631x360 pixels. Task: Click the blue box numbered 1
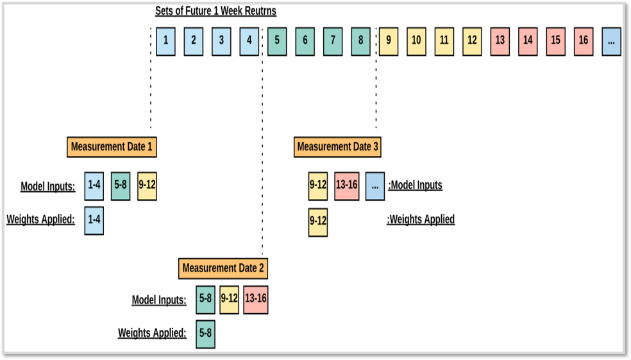point(165,42)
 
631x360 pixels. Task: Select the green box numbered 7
point(333,42)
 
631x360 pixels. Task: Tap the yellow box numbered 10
point(416,42)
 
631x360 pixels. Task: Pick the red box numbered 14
point(528,42)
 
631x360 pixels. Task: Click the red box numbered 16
point(584,42)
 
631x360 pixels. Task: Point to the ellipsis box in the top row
point(611,42)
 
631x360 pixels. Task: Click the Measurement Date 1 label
point(112,147)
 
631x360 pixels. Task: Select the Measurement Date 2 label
point(223,269)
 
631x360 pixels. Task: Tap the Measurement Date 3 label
point(338,147)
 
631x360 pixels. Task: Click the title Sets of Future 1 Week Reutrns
point(215,11)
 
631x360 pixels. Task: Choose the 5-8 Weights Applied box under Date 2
point(206,334)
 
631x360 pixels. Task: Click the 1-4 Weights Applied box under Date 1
point(94,221)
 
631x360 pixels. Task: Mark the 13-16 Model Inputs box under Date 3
point(347,186)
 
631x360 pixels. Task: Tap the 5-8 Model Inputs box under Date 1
point(121,186)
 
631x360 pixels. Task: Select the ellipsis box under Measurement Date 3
point(375,186)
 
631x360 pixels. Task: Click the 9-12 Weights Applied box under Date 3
point(318,222)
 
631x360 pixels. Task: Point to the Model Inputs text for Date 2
point(159,300)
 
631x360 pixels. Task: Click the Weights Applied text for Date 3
point(421,219)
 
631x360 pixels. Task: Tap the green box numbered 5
point(277,42)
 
